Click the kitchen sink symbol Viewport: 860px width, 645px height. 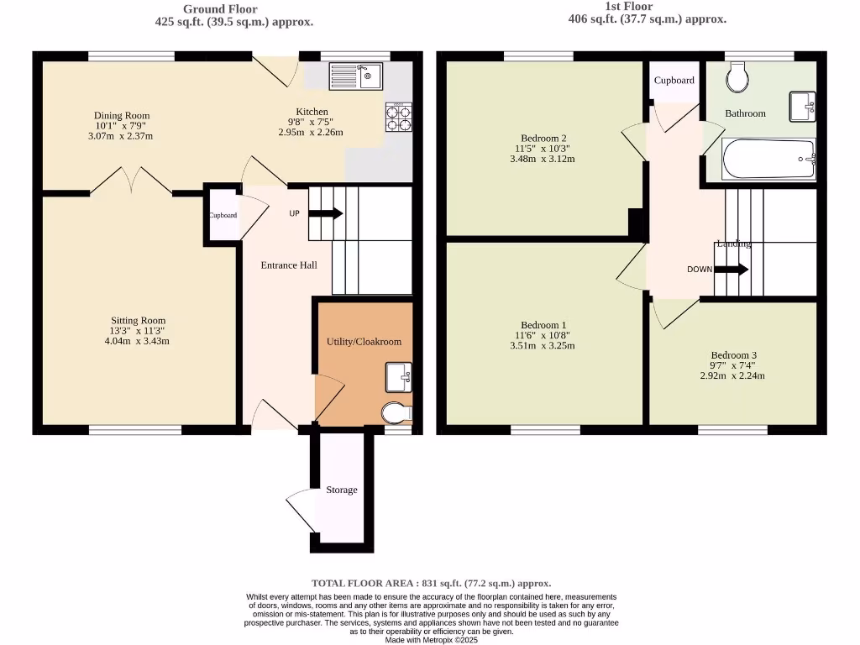[356, 76]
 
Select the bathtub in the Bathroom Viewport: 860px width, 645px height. [769, 159]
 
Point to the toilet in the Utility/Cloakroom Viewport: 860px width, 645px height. [396, 413]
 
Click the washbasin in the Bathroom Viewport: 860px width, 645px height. [801, 107]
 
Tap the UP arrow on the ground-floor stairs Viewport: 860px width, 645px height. [325, 213]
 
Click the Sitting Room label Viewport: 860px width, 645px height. [139, 320]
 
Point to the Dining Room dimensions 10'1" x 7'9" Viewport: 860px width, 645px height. [122, 128]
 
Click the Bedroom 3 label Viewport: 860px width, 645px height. [732, 354]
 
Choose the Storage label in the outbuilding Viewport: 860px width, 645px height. [342, 490]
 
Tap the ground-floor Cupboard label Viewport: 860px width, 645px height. [223, 215]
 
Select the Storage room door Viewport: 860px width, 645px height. [301, 511]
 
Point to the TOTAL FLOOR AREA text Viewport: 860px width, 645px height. [431, 583]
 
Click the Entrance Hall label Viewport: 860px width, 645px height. [289, 265]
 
